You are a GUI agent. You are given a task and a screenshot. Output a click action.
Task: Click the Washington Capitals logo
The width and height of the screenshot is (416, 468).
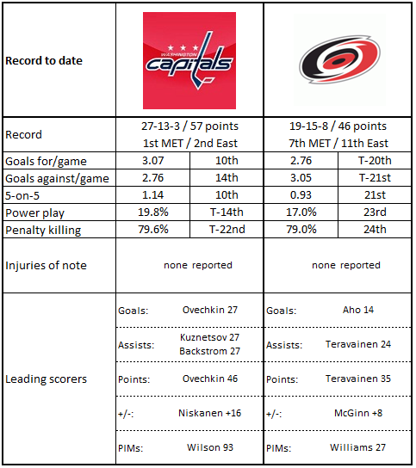click(189, 60)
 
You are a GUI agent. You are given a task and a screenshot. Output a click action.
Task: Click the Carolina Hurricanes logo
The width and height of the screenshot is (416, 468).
click(340, 60)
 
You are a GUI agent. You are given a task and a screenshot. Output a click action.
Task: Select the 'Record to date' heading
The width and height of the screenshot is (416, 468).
click(44, 60)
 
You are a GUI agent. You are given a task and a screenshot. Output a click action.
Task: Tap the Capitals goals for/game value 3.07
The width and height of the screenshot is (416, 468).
click(152, 161)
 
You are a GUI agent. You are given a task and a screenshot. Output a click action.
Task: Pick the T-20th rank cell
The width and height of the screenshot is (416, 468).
click(375, 161)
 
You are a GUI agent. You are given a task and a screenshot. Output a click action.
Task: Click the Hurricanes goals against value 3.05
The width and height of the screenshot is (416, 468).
click(301, 178)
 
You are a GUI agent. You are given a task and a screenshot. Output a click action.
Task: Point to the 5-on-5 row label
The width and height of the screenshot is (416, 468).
click(22, 195)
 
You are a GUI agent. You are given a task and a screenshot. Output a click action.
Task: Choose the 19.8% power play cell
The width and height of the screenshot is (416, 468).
click(153, 212)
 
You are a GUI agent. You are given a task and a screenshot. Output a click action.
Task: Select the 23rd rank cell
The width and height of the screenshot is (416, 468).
click(375, 212)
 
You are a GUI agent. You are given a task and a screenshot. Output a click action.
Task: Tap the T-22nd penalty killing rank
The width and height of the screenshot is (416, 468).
click(227, 229)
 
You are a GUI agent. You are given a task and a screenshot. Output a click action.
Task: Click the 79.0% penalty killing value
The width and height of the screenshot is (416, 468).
click(301, 229)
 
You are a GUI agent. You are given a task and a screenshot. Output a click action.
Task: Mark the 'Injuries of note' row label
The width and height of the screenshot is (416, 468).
click(46, 265)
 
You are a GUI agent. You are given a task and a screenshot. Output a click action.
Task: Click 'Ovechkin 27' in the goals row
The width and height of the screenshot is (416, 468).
click(210, 310)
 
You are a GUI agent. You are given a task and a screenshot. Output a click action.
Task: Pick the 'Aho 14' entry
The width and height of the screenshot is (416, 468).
click(358, 310)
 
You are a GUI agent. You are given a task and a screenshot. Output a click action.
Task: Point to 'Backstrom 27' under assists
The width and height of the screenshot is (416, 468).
click(209, 351)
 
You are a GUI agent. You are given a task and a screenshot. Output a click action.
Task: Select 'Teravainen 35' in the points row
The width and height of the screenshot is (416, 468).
click(358, 379)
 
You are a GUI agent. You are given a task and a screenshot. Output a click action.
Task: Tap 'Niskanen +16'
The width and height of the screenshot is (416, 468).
click(209, 413)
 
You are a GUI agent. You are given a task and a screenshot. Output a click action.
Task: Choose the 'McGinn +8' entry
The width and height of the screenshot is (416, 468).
click(358, 413)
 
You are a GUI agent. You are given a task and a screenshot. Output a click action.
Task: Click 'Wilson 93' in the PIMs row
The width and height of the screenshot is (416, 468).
click(210, 447)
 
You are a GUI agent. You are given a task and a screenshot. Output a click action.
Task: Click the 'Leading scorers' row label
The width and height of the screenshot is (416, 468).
click(46, 379)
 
